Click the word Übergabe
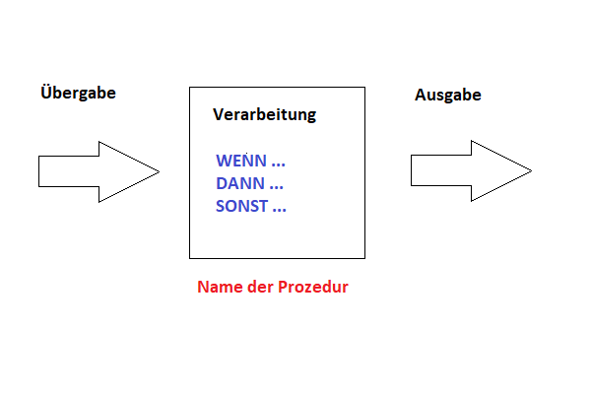pos(78,93)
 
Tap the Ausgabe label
pos(448,95)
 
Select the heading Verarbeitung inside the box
pos(265,115)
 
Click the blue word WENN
pos(241,161)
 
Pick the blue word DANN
pos(240,183)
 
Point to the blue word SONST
pos(241,206)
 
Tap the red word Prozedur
pos(313,287)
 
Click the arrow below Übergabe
pos(98,171)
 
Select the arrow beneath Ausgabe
pos(471,170)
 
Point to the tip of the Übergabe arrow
pos(160,171)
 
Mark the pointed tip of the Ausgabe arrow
pos(532,170)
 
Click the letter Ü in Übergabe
pos(45,92)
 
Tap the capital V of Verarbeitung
pos(219,114)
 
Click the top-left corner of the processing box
pos(189,88)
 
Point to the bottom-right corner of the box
pos(364,258)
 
